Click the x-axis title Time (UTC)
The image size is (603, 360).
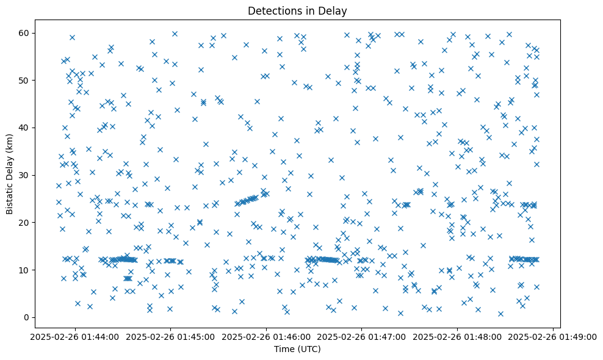[297, 349]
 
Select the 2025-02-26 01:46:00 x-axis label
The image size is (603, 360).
[266, 336]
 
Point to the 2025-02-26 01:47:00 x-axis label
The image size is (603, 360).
[361, 336]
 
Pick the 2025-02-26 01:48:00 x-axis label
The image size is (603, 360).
[457, 336]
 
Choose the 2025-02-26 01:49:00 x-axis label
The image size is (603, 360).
[553, 336]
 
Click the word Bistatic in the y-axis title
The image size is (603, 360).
[10, 197]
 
